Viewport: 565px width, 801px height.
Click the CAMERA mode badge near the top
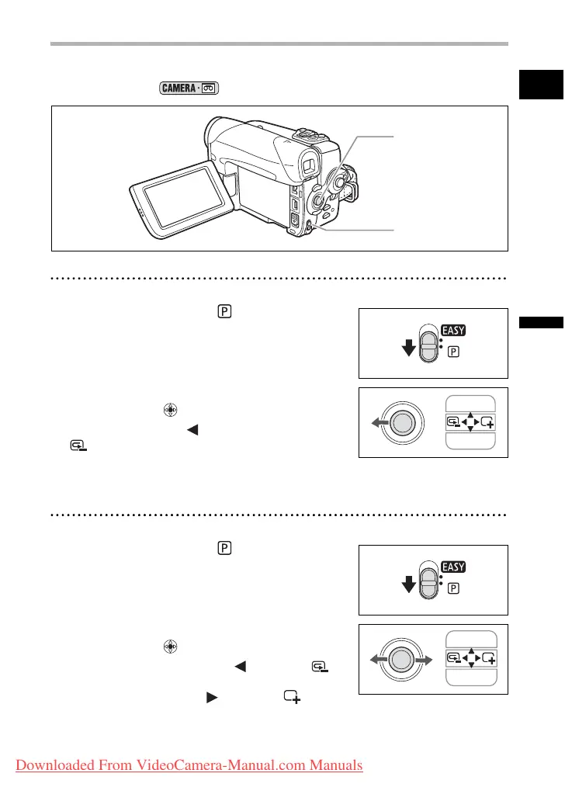click(x=189, y=88)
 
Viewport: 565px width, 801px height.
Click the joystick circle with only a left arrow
click(x=401, y=422)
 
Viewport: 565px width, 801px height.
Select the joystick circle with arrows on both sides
click(x=401, y=659)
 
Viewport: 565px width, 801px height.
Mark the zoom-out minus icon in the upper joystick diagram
click(x=455, y=422)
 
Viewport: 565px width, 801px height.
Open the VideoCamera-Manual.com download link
click(x=189, y=765)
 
